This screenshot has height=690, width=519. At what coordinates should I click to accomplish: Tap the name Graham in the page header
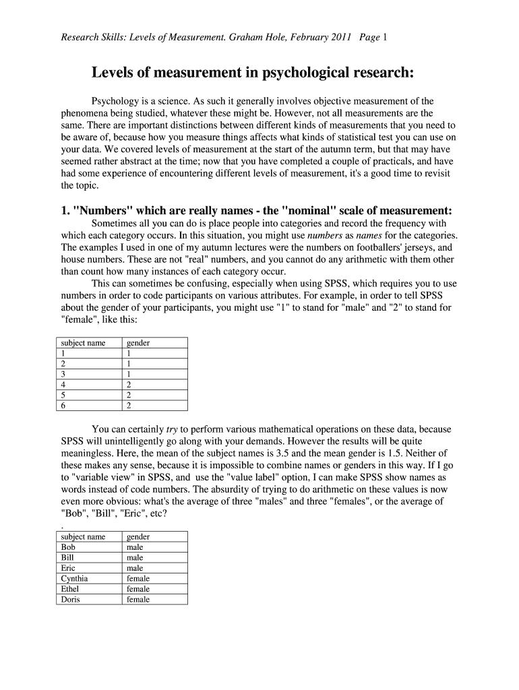tap(245, 38)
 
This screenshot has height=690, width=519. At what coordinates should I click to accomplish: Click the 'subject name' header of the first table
tap(83, 343)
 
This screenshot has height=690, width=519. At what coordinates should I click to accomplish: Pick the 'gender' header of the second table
tap(138, 536)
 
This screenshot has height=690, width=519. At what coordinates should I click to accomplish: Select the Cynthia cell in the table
tap(74, 579)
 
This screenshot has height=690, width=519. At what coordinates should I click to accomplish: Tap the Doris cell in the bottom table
tap(70, 600)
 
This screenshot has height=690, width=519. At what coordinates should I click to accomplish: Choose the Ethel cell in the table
tap(70, 589)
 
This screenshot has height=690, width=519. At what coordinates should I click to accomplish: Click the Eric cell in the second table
tap(67, 568)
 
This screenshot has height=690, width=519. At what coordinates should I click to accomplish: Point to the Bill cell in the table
tap(67, 558)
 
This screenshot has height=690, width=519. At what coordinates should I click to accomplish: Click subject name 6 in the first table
tap(63, 406)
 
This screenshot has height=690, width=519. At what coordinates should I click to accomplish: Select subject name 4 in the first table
tap(63, 385)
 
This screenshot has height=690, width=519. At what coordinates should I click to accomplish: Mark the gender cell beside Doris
tap(138, 600)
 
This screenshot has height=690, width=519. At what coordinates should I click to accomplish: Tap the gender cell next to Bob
tap(135, 547)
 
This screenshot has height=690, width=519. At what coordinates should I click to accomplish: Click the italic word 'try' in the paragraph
tap(172, 429)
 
